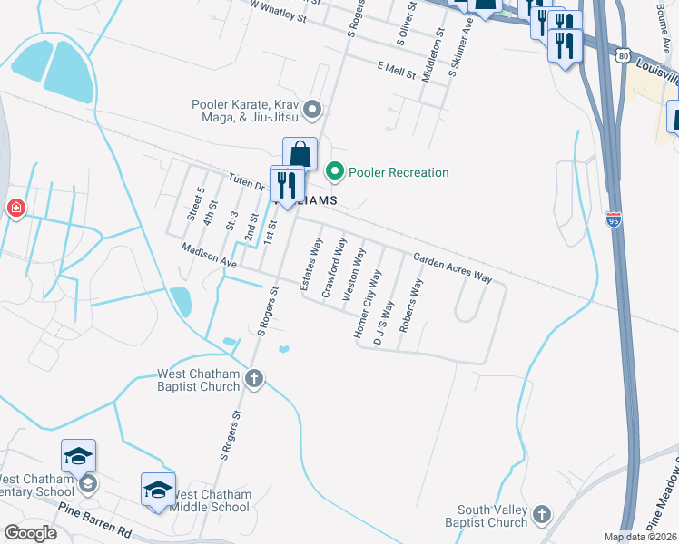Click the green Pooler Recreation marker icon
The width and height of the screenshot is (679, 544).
tap(335, 170)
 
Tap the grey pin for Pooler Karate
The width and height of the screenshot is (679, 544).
tap(313, 111)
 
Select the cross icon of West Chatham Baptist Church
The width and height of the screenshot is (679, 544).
tap(255, 379)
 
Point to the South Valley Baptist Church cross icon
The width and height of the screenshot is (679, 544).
tap(542, 514)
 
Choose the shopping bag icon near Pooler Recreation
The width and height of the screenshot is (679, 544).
tap(300, 155)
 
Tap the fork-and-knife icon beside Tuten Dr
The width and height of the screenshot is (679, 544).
tap(287, 185)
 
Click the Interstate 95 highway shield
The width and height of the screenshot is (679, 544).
tap(615, 219)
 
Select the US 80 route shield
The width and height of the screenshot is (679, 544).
tap(622, 56)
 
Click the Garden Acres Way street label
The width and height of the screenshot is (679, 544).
tap(452, 268)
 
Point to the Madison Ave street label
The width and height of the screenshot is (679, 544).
tap(208, 256)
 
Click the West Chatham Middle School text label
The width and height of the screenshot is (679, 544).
tap(211, 500)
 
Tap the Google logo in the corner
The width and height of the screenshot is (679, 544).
tap(30, 533)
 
